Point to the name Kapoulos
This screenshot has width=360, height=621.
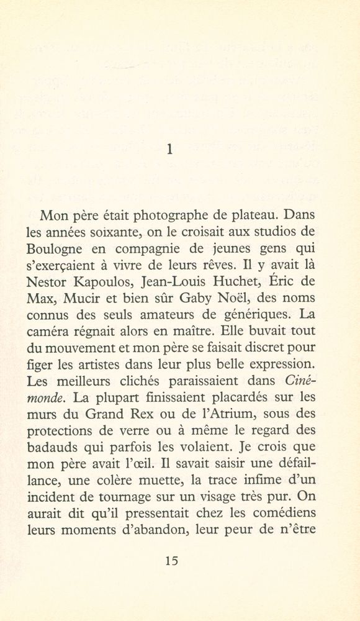(x=106, y=281)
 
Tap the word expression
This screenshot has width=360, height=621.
(x=277, y=362)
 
